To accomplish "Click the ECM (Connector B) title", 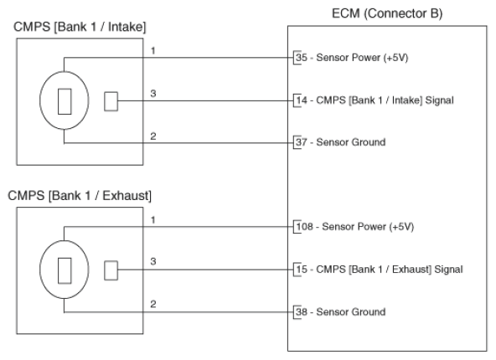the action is [x=387, y=13].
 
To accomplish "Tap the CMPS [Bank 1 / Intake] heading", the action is [x=80, y=27].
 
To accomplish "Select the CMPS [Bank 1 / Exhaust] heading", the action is [x=80, y=196].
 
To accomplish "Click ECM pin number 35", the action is [x=302, y=58].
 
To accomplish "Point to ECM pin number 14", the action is [x=302, y=100].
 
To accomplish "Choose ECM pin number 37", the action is [x=302, y=142].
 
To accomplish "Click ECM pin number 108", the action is [x=305, y=227].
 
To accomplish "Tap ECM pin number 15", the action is [x=302, y=270].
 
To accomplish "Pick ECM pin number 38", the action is [x=302, y=312].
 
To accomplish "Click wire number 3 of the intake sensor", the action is [x=153, y=94].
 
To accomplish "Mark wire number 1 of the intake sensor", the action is [x=153, y=50].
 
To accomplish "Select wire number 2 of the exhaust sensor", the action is [x=153, y=304].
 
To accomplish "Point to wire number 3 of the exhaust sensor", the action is [x=153, y=261].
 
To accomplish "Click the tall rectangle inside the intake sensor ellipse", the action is [x=65, y=101].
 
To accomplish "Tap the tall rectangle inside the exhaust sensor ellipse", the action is [x=65, y=270].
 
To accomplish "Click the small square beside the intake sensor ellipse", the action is [x=111, y=101].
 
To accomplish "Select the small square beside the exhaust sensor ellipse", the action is [x=111, y=270].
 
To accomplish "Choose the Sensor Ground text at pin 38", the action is [x=351, y=312].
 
